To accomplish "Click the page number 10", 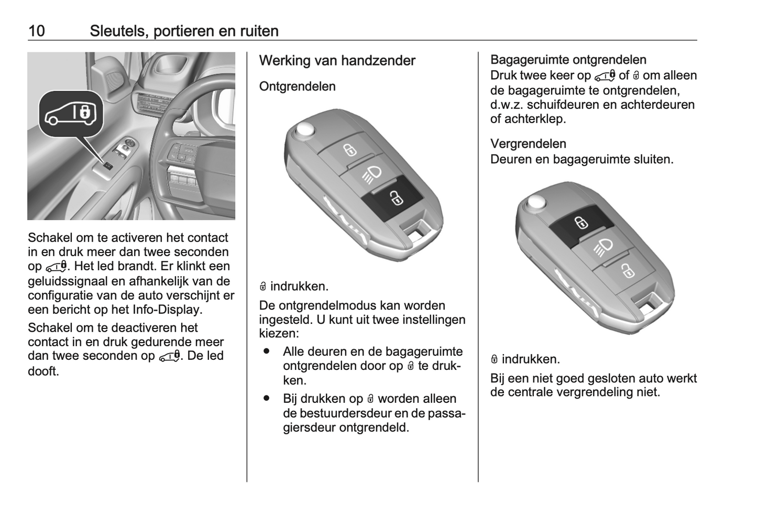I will (x=37, y=31).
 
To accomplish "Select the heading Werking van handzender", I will (x=337, y=61).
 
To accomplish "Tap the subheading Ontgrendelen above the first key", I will (x=297, y=86).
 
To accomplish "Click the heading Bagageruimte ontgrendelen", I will (x=568, y=60).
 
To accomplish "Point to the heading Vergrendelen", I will (x=528, y=144).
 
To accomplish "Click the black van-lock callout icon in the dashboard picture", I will (x=71, y=114).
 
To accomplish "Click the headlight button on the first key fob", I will (x=372, y=173).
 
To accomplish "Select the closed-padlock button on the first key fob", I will (x=349, y=150).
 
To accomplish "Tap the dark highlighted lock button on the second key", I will (x=581, y=223).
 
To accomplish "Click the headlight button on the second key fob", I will (x=604, y=246).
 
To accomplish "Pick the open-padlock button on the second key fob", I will (x=627, y=270).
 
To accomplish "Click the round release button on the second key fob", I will (x=536, y=203).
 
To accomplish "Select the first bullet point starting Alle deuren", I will (x=267, y=351).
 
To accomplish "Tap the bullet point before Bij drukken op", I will (x=267, y=399).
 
